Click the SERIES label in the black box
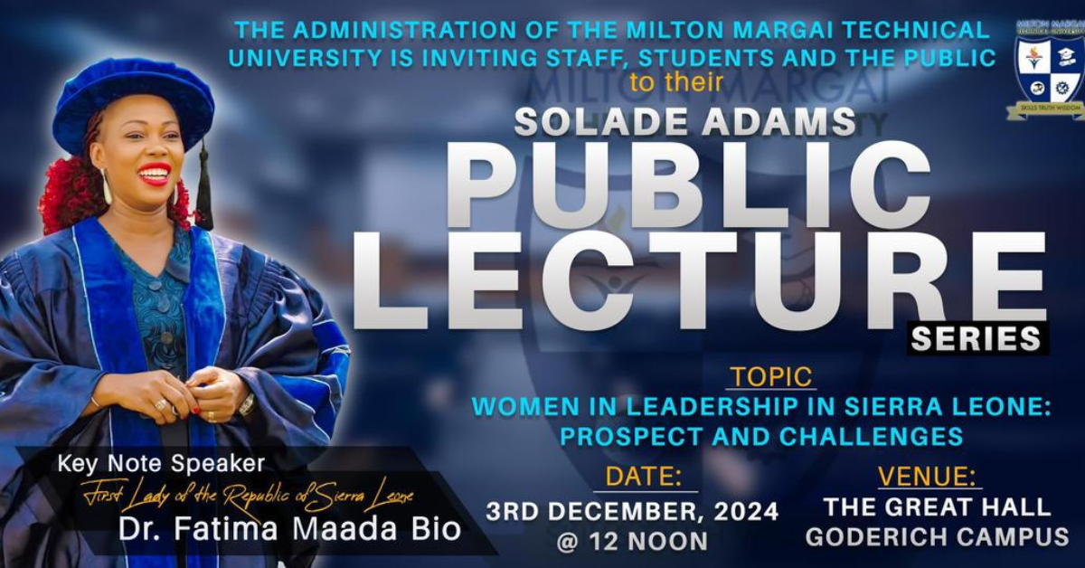(x=976, y=338)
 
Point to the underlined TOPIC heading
(x=770, y=376)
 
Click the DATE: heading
(x=644, y=477)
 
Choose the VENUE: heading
(x=929, y=476)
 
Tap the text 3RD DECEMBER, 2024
(x=632, y=511)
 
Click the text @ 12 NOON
(x=633, y=541)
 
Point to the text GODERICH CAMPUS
(x=937, y=537)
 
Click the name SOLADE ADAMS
(x=684, y=120)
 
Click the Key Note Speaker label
(x=161, y=465)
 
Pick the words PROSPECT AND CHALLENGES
(x=760, y=436)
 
